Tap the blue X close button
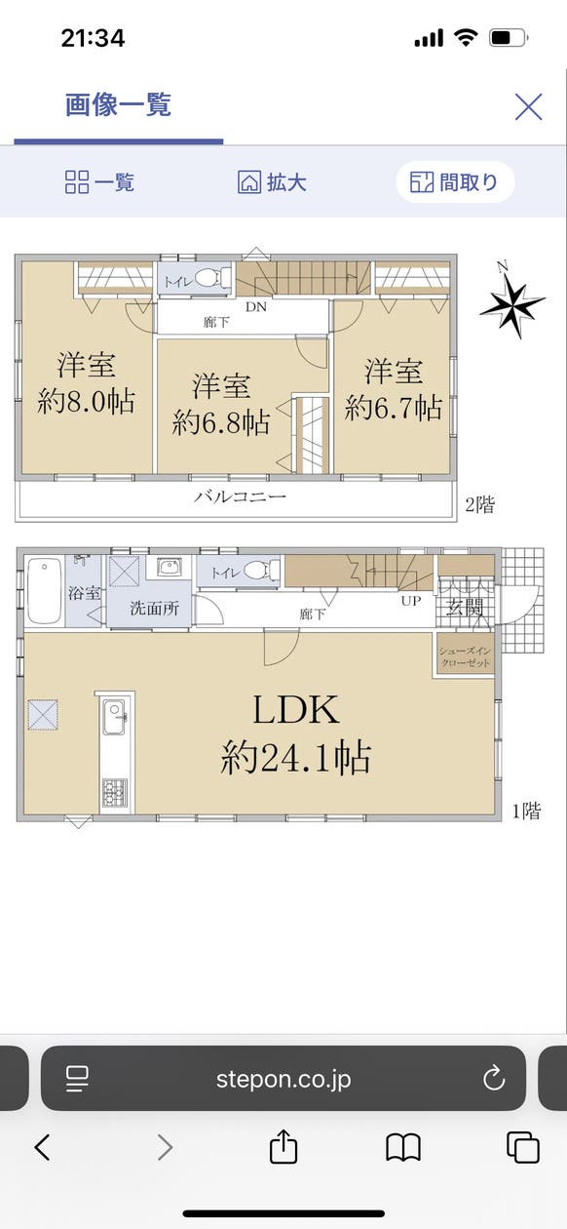528,106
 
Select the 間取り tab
454,182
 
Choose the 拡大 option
273,182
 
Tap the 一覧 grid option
99,182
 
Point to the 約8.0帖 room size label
86,402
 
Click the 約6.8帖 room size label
221,421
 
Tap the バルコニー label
240,496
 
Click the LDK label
296,710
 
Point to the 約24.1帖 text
295,756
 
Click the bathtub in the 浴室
44,590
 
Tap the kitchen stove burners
113,790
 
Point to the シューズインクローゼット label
465,656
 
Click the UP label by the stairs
411,601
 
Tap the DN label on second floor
255,306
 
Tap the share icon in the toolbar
283,1147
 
